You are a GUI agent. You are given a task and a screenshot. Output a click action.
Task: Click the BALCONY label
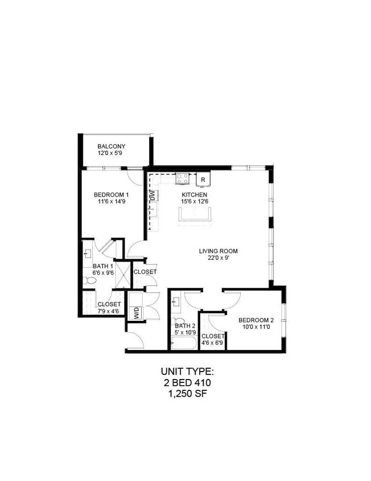pos(111,146)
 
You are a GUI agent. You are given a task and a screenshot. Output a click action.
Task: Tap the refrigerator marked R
pos(203,180)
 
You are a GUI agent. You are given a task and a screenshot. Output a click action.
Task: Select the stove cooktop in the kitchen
pos(183,178)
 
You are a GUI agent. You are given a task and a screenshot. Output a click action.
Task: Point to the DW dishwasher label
pos(152,195)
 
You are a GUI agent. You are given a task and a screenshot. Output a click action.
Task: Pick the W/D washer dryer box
pos(137,313)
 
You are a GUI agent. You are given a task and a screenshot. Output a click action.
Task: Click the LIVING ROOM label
pos(218,251)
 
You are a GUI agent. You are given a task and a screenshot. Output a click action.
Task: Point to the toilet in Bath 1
pos(89,280)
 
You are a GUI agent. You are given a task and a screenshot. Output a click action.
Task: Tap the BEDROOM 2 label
pos(256,319)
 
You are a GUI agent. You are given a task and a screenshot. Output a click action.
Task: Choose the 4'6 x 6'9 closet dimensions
pos(213,343)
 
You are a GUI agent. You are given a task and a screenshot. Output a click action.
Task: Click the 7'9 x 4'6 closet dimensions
pos(108,311)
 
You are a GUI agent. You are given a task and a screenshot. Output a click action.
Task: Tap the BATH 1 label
pos(103,266)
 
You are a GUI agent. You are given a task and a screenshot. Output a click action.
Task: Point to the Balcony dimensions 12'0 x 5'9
pos(111,154)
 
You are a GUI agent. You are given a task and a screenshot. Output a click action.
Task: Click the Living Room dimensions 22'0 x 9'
pos(218,258)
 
